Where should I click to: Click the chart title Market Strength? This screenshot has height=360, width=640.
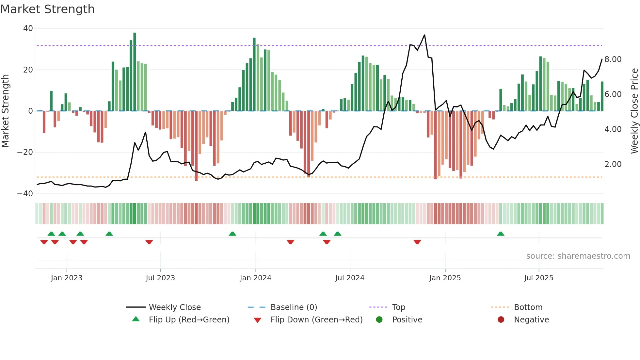[x=47, y=9]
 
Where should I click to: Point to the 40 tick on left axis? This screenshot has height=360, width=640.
[x=28, y=28]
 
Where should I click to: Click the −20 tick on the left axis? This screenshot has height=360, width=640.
[x=25, y=152]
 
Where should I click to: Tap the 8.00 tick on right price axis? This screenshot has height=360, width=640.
[x=613, y=59]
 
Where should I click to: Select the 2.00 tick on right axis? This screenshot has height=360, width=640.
[x=613, y=164]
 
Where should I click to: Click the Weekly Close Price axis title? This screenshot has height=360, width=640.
[x=634, y=111]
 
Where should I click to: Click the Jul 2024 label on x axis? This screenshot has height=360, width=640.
[x=350, y=278]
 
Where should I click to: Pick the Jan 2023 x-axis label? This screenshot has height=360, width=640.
[x=67, y=278]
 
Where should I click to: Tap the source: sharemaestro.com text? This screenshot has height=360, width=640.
[x=578, y=256]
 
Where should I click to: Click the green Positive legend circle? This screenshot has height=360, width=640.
[x=379, y=320]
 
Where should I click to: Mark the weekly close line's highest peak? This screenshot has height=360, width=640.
[x=424, y=35]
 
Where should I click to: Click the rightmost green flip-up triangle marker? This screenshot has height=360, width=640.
[x=501, y=234]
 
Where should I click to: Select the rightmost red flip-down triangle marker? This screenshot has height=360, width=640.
[x=417, y=242]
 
